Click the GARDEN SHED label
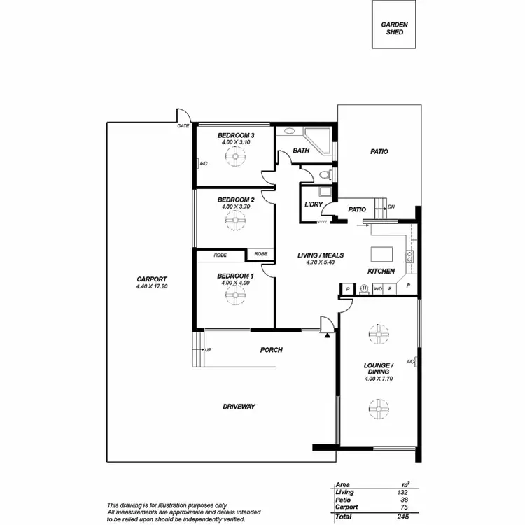(395, 27)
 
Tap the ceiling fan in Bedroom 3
(236, 160)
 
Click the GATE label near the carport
(183, 126)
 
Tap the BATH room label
(301, 150)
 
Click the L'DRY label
(313, 204)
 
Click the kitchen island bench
(382, 253)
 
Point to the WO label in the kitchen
(378, 288)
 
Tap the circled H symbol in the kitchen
(364, 288)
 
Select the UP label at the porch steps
(208, 349)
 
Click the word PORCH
(271, 350)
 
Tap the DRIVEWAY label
(239, 406)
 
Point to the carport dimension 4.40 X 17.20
(152, 286)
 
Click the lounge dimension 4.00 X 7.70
(379, 379)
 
